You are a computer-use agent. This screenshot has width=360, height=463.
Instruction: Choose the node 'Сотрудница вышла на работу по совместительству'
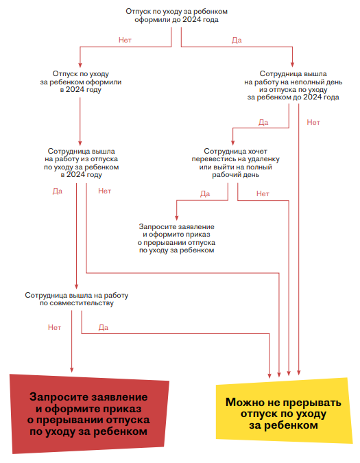tap(77, 298)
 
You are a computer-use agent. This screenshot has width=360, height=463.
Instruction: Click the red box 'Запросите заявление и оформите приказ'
tap(88, 414)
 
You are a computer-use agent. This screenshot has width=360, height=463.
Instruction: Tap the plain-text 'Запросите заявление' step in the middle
tap(177, 239)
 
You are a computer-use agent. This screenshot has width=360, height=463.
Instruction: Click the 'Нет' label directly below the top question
tap(125, 40)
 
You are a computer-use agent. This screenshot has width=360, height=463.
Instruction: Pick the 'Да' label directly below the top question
tap(237, 40)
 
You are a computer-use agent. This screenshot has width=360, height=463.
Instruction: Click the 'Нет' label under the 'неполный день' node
tap(313, 122)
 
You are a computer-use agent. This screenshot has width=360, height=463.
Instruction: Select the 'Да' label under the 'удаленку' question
tap(205, 193)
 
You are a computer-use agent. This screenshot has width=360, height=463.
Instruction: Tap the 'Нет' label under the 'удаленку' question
tap(263, 193)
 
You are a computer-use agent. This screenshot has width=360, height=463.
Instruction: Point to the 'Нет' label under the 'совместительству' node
tap(54, 327)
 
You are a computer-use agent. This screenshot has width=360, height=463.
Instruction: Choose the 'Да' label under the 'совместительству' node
tap(104, 327)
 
